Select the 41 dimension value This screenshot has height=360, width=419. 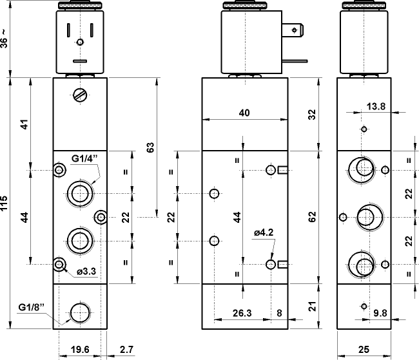click(x=24, y=124)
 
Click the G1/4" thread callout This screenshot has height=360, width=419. click(x=84, y=158)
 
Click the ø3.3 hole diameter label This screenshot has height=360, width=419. click(x=86, y=271)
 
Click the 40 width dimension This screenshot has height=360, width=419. click(x=244, y=113)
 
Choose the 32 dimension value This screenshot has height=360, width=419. click(x=312, y=114)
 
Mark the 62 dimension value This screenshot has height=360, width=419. click(x=312, y=218)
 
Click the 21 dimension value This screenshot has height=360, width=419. click(x=312, y=307)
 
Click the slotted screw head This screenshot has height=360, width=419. click(x=80, y=95)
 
